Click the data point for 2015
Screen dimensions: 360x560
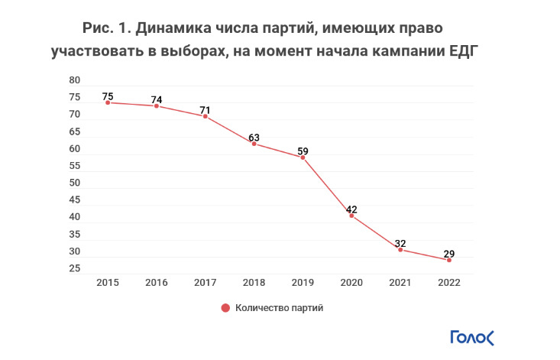click(x=108, y=102)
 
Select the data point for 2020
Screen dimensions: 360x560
click(x=351, y=216)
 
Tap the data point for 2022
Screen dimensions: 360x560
click(x=449, y=260)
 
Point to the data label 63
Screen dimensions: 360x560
click(x=254, y=138)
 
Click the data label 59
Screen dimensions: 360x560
click(x=303, y=151)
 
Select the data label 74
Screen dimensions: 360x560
click(x=157, y=99)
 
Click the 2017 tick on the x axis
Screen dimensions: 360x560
click(x=205, y=283)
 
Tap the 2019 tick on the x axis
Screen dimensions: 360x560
click(x=303, y=283)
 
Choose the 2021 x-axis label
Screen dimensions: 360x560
click(x=400, y=283)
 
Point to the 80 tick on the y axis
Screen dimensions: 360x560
click(x=75, y=80)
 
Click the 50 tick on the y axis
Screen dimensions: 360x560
click(x=75, y=183)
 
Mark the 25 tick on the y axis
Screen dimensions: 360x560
click(x=75, y=268)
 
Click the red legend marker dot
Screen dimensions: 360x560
click(x=225, y=308)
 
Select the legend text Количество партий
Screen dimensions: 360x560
click(x=279, y=308)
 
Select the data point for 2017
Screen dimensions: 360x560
click(x=205, y=116)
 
